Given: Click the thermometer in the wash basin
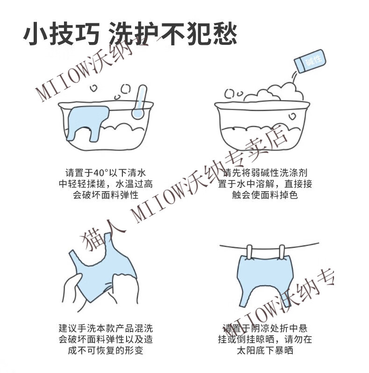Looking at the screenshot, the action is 139,102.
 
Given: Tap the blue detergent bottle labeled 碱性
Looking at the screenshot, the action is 310,61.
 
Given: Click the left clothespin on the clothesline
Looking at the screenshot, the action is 249,252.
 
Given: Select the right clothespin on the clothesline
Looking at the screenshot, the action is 282,252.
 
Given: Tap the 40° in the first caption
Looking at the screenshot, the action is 101,172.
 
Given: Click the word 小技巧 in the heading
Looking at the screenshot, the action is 61,34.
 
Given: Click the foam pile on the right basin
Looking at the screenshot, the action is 273,93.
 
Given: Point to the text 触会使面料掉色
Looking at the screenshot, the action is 265,195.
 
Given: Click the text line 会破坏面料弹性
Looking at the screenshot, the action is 106,195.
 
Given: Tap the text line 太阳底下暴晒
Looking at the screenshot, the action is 265,351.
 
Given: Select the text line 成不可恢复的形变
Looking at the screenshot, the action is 106,351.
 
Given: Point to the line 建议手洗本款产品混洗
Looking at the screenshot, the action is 106,328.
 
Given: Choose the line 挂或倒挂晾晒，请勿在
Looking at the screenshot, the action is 265,339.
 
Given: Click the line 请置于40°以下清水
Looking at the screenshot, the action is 106,172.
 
